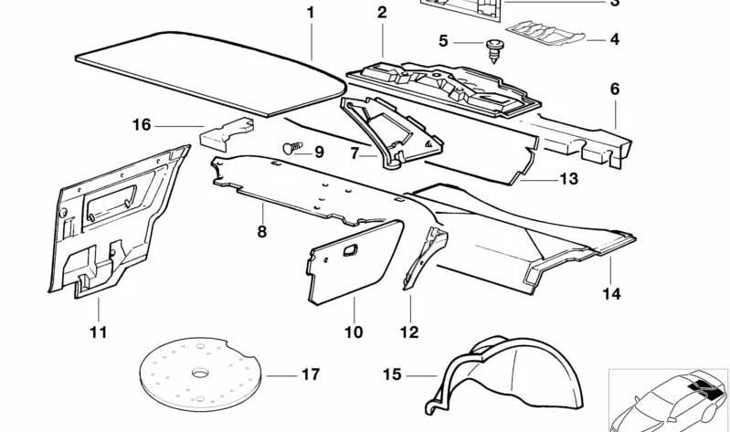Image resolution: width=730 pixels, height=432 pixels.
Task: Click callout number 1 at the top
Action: (310, 13)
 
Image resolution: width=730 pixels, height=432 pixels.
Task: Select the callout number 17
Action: (311, 374)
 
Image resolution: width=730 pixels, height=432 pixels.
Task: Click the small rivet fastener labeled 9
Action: (293, 146)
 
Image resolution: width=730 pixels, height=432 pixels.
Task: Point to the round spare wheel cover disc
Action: (196, 374)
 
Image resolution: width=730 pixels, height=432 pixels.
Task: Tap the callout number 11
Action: (98, 332)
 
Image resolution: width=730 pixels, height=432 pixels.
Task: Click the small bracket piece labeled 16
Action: (222, 134)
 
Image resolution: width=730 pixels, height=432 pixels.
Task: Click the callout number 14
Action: (611, 294)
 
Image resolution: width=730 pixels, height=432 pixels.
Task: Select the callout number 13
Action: (568, 179)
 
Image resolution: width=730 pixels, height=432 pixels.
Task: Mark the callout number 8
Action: (261, 232)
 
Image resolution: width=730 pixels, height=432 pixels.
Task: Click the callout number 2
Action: (381, 13)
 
